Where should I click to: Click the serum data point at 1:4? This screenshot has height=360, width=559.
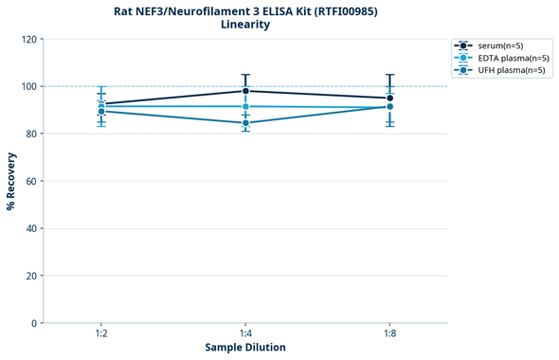click(245, 91)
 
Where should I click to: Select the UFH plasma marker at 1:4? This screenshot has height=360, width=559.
click(245, 123)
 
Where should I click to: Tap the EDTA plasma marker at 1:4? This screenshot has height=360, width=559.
click(245, 106)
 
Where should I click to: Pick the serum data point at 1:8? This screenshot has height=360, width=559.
click(389, 98)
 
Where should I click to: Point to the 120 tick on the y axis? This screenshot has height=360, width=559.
click(28, 39)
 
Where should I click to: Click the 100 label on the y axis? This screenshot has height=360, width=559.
click(28, 86)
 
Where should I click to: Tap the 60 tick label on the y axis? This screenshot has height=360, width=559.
click(31, 181)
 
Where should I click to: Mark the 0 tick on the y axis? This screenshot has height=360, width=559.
click(34, 323)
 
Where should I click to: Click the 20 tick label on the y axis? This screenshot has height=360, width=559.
click(31, 276)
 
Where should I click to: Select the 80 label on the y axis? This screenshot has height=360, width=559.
click(31, 134)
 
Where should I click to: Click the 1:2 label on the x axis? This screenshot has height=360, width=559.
click(101, 333)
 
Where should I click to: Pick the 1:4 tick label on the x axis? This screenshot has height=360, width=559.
click(245, 333)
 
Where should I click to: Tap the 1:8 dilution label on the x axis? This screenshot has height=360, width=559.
click(389, 333)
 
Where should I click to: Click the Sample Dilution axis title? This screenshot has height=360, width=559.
click(245, 348)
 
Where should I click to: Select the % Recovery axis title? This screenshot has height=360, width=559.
click(10, 181)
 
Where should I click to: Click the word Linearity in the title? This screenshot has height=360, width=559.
click(245, 24)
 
